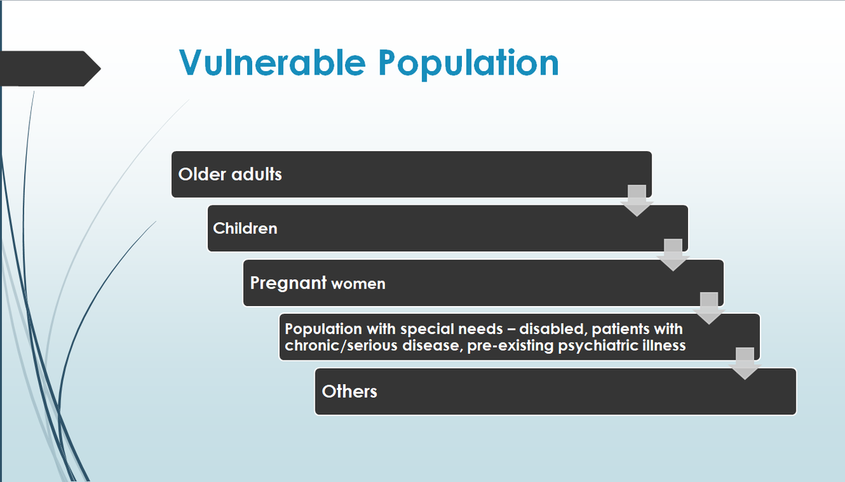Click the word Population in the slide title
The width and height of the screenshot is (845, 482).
pyautogui.click(x=468, y=63)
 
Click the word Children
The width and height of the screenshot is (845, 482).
pyautogui.click(x=245, y=228)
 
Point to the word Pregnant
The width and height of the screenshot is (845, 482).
pyautogui.click(x=288, y=283)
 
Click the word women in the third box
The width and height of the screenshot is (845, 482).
pyautogui.click(x=358, y=284)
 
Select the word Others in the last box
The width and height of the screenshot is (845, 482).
pyautogui.click(x=349, y=391)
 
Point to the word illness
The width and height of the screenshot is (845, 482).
pyautogui.click(x=663, y=345)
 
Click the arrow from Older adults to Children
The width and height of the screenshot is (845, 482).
pyautogui.click(x=637, y=201)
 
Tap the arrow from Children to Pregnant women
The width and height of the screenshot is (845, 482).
pyautogui.click(x=672, y=255)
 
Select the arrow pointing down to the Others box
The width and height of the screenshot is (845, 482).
pyautogui.click(x=745, y=363)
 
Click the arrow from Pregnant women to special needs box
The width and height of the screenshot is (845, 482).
pyautogui.click(x=708, y=309)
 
